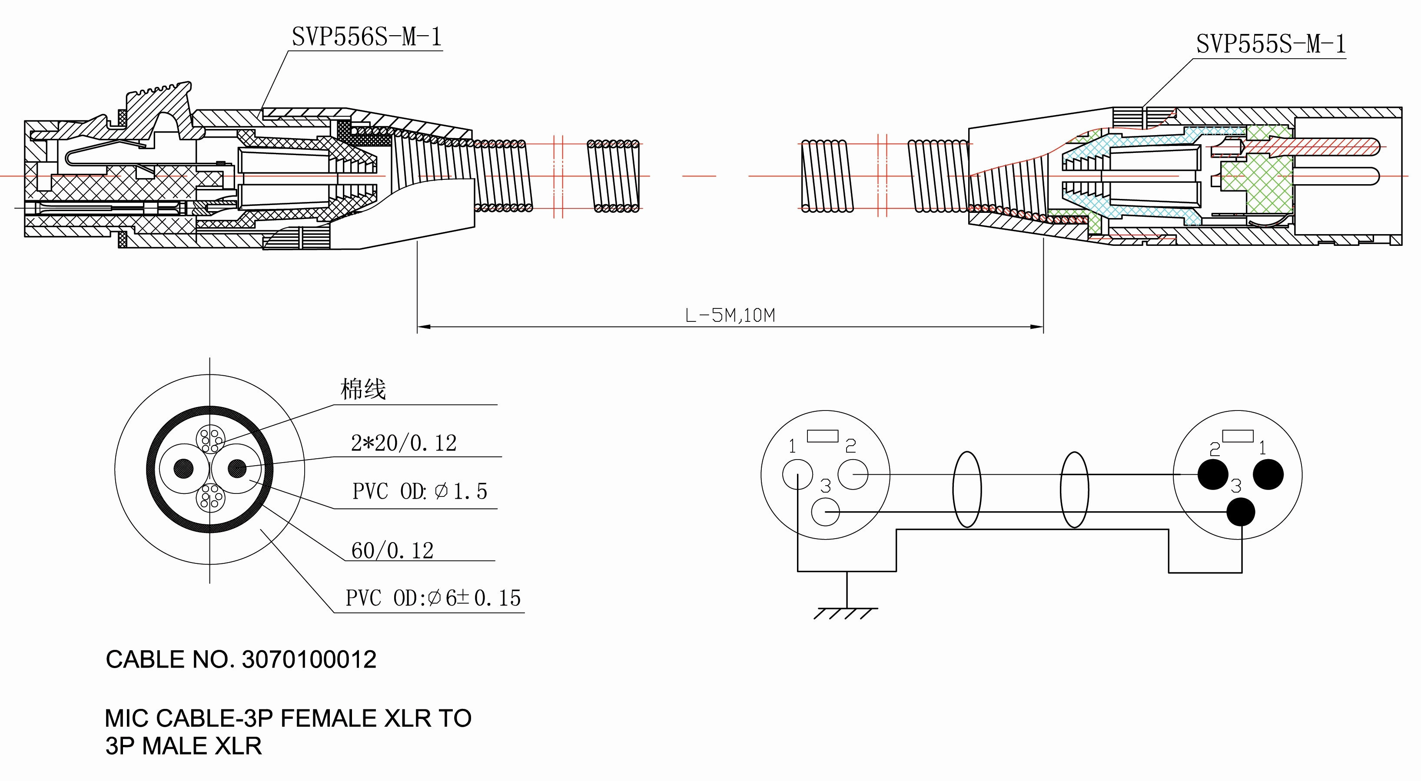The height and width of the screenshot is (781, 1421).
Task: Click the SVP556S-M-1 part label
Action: [367, 37]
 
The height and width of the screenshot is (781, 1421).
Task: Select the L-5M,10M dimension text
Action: [730, 315]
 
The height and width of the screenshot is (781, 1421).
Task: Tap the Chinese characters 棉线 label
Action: [362, 389]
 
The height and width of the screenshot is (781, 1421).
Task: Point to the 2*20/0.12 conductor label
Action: [404, 443]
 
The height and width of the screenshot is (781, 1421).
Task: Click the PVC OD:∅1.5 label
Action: [420, 491]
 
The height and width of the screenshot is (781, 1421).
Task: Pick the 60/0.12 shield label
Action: [392, 550]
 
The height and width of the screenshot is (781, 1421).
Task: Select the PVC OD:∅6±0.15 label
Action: [433, 598]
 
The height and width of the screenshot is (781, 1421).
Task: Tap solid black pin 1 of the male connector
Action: [1268, 474]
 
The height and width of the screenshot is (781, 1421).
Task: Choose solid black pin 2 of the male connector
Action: [1213, 474]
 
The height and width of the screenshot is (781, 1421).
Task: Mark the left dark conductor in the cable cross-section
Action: [184, 469]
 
